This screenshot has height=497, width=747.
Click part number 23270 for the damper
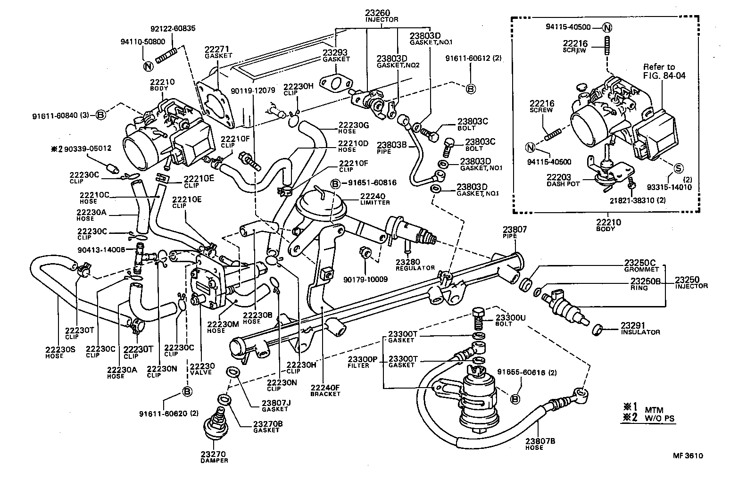(214, 454)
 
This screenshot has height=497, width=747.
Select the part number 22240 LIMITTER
(372, 199)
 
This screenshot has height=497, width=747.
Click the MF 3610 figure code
(688, 456)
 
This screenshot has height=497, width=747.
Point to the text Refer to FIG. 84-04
(664, 71)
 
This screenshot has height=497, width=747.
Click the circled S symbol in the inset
(678, 168)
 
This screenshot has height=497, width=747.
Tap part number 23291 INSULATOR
(639, 328)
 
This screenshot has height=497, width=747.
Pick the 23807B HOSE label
(540, 444)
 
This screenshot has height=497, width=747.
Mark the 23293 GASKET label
(336, 56)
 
